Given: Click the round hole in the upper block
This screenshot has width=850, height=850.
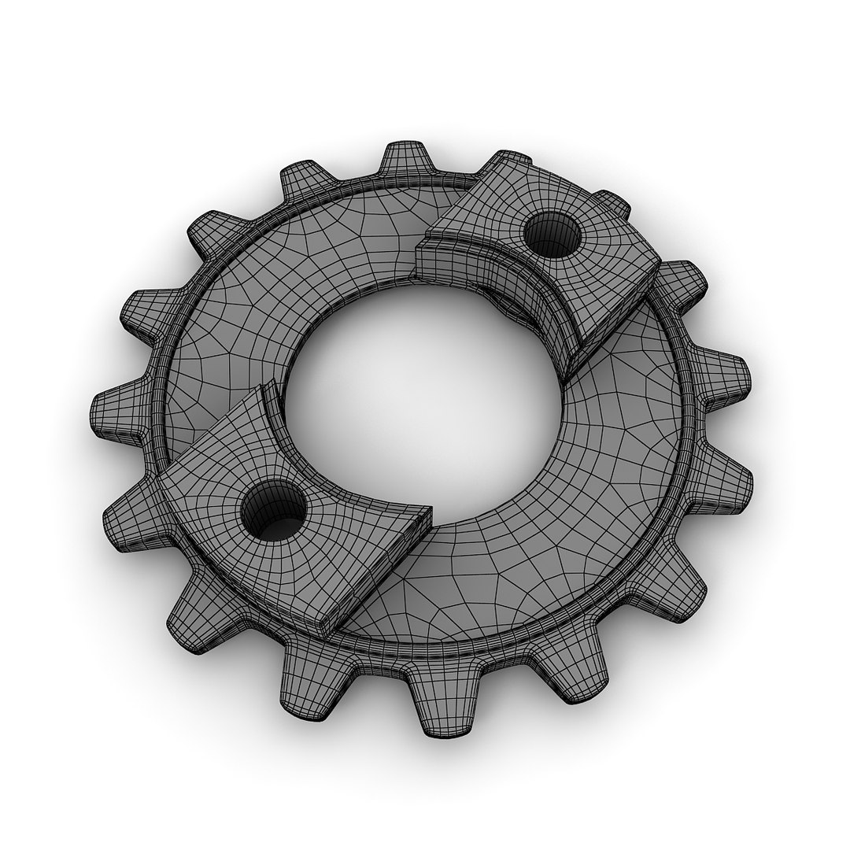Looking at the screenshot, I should (x=552, y=235).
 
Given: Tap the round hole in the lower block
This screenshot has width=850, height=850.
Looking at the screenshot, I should (x=273, y=512).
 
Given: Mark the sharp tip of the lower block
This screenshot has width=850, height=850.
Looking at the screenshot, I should (x=428, y=512).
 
